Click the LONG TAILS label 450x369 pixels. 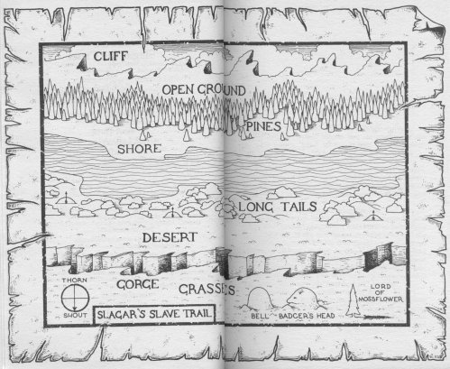(277, 208)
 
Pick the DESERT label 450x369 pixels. (170, 236)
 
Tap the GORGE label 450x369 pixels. (137, 283)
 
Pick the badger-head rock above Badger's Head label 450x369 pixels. (301, 300)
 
